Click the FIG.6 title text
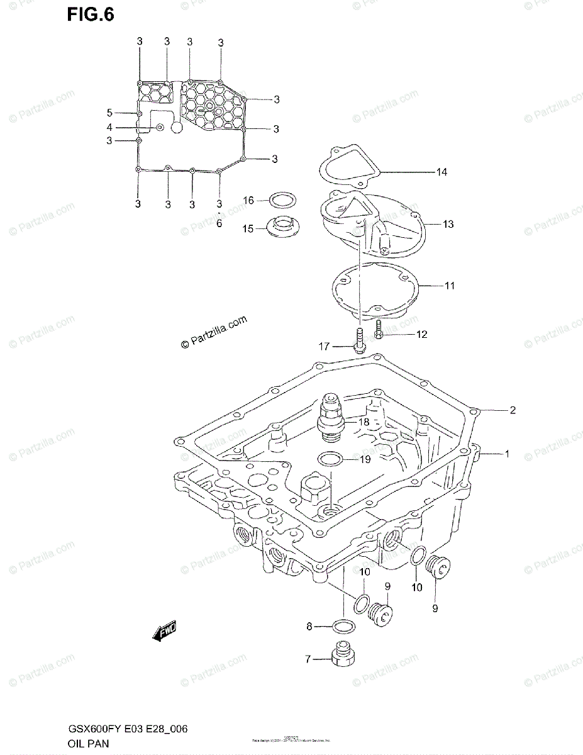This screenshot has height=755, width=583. click(x=91, y=15)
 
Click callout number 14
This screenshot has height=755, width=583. click(x=441, y=171)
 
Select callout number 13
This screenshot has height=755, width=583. click(x=448, y=224)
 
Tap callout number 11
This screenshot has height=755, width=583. click(x=449, y=286)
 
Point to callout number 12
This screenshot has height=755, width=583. click(x=421, y=334)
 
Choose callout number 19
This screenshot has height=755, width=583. click(x=364, y=460)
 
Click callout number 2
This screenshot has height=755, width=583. click(x=513, y=410)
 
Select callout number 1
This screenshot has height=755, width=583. click(x=507, y=453)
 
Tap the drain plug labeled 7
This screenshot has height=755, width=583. click(x=344, y=654)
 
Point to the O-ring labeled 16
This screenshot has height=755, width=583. click(x=280, y=201)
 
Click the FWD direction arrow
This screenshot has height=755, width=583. click(x=165, y=630)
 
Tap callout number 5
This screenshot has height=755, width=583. click(x=109, y=113)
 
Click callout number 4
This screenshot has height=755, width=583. click(x=109, y=127)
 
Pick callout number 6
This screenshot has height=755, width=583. click(x=219, y=223)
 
